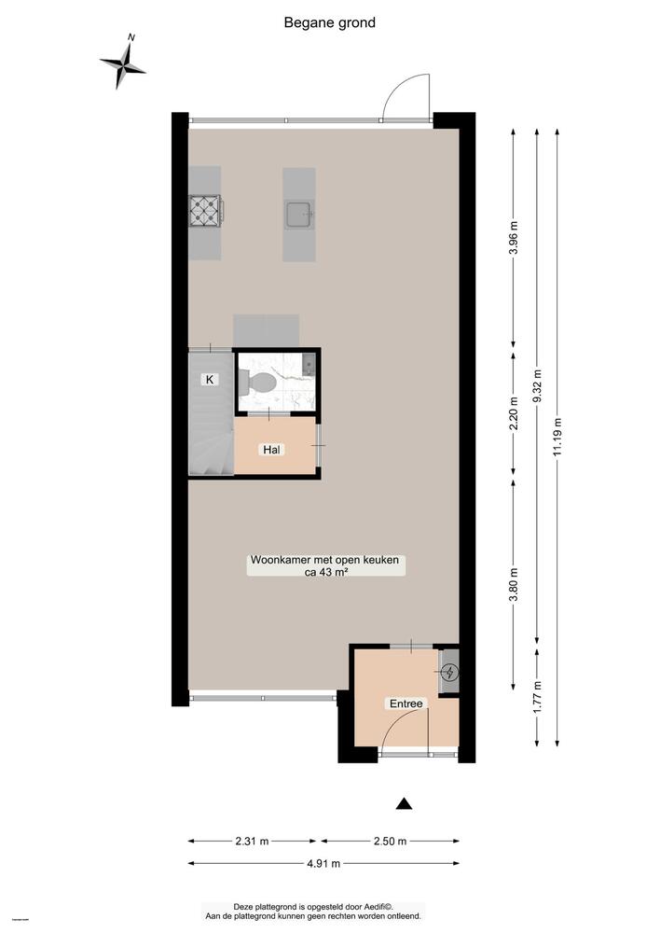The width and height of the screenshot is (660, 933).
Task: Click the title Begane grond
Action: coord(330,22)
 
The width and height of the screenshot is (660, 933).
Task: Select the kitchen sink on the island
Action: coord(299,215)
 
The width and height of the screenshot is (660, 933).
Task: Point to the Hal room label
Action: coord(272,450)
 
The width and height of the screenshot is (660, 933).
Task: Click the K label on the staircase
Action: coord(210,380)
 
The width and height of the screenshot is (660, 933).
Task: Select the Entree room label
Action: coord(406,703)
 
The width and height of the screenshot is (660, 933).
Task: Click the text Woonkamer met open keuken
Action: coord(324,561)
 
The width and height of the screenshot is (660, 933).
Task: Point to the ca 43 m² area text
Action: coord(325,574)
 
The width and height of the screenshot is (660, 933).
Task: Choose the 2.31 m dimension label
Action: coord(251,841)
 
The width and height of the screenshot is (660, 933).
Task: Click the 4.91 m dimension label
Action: coord(323,863)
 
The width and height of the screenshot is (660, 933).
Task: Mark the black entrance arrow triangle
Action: coord(404,803)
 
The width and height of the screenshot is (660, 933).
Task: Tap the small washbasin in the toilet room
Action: coord(309,364)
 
